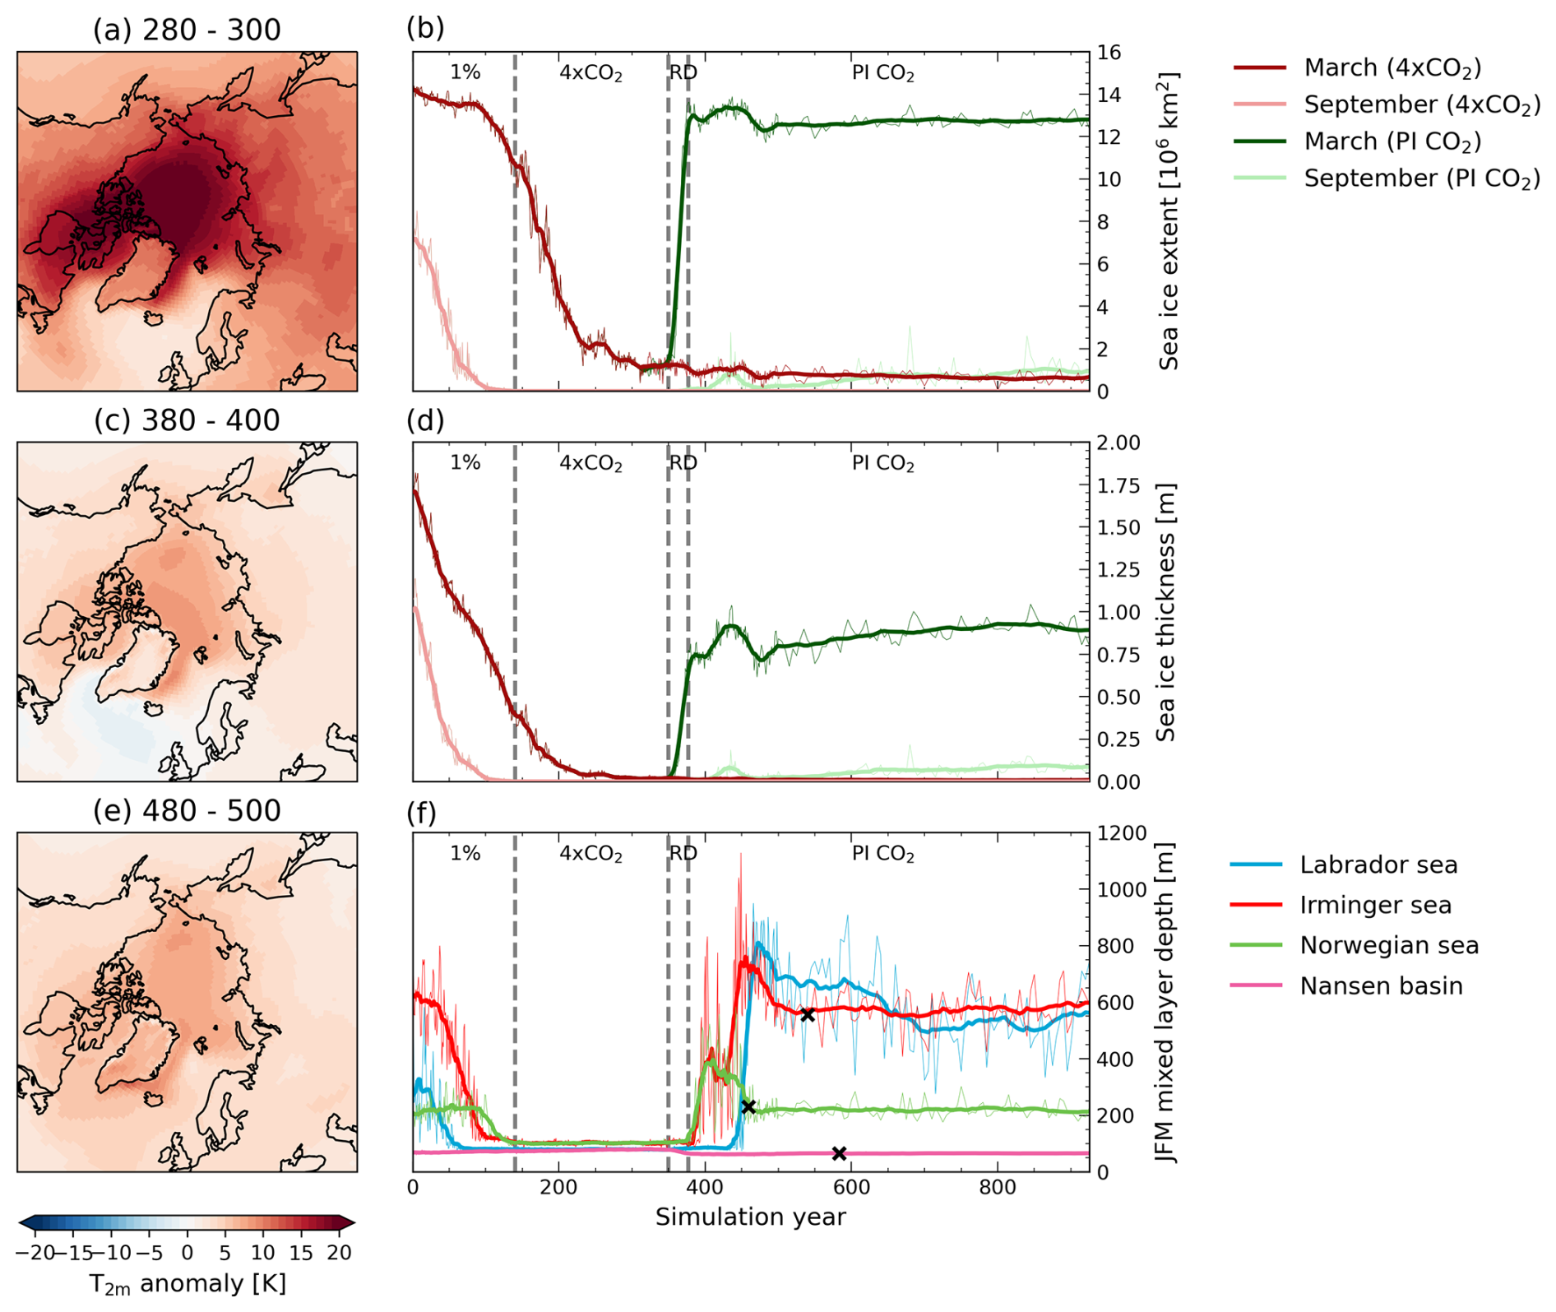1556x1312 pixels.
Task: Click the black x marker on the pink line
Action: tap(839, 1153)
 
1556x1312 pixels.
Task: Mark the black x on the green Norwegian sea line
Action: tap(748, 1107)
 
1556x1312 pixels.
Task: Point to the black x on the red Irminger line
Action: tap(808, 1015)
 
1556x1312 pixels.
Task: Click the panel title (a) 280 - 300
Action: tap(187, 30)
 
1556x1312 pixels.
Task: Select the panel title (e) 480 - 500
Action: tap(187, 811)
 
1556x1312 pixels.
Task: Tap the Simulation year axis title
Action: tap(750, 1217)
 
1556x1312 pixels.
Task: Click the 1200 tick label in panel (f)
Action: tap(1122, 834)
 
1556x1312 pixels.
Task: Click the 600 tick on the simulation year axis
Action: tap(851, 1188)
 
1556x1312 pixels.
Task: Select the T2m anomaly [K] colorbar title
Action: tap(187, 1284)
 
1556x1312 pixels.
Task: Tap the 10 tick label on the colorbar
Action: tap(263, 1253)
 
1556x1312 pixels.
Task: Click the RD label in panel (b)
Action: tap(683, 72)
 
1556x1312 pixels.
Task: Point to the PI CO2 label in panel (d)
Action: tap(882, 463)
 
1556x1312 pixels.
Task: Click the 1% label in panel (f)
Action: tap(465, 854)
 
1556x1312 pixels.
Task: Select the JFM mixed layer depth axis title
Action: tap(1165, 1002)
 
